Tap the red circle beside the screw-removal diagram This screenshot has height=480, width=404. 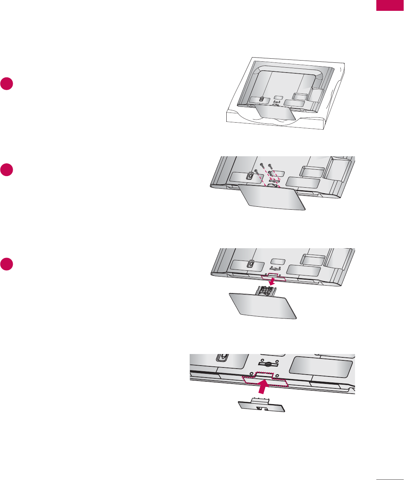(7, 169)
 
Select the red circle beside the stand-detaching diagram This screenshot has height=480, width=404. (7, 264)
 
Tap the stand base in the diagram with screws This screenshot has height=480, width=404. (272, 202)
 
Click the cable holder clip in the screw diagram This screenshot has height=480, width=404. (250, 175)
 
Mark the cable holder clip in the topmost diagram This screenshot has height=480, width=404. (261, 99)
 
